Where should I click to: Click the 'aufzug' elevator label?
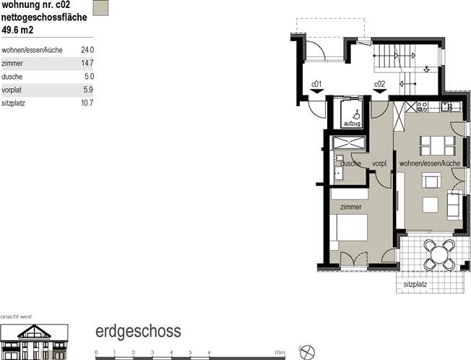[x=352, y=124]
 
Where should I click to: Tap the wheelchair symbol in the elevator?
[x=356, y=114]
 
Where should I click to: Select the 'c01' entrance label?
[x=316, y=84]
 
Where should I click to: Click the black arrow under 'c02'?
[x=380, y=91]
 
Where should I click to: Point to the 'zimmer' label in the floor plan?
[x=351, y=207]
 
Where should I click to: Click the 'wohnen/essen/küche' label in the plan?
[x=430, y=163]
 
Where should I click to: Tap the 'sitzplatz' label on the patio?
[x=415, y=284]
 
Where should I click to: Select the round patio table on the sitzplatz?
[x=439, y=254]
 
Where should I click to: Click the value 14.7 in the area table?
[x=87, y=63]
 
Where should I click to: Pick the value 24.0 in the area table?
[x=87, y=50]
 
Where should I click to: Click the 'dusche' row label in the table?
[x=12, y=77]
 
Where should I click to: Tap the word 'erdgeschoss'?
[x=138, y=331]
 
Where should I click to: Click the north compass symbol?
[x=307, y=352]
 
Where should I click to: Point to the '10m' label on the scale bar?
[x=280, y=352]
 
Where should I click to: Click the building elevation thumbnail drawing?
[x=34, y=342]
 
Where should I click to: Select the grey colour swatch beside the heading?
[x=100, y=8]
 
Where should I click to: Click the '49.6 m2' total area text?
[x=17, y=30]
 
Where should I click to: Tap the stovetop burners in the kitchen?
[x=423, y=107]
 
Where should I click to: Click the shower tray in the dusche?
[x=349, y=142]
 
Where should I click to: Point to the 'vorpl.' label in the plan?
[x=380, y=164]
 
